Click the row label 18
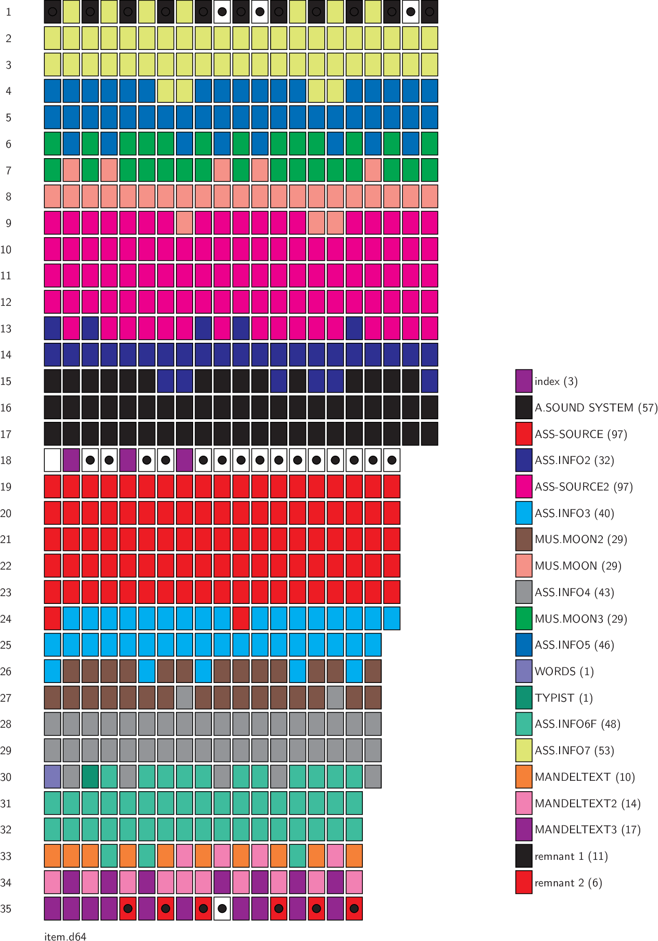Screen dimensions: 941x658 click(6, 460)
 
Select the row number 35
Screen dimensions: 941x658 click(6, 909)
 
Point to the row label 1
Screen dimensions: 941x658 click(8, 12)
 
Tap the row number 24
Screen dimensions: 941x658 click(6, 619)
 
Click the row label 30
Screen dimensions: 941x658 click(6, 777)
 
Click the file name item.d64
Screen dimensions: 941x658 click(65, 937)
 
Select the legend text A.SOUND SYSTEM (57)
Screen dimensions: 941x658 click(596, 408)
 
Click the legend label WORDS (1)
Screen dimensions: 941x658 click(564, 672)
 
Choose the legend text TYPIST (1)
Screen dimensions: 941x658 click(563, 698)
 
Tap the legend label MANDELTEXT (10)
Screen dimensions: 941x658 click(585, 777)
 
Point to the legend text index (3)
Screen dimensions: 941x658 click(556, 381)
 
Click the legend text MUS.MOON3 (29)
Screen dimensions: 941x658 click(580, 619)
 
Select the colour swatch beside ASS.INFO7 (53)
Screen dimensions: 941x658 click(524, 751)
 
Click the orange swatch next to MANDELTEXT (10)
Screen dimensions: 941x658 click(524, 777)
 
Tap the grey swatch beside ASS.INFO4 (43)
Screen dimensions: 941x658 click(524, 592)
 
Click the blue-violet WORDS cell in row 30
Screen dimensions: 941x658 click(53, 777)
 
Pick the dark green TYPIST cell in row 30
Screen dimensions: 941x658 click(90, 777)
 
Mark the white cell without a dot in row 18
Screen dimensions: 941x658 click(53, 460)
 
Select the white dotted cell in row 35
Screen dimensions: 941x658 click(222, 909)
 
